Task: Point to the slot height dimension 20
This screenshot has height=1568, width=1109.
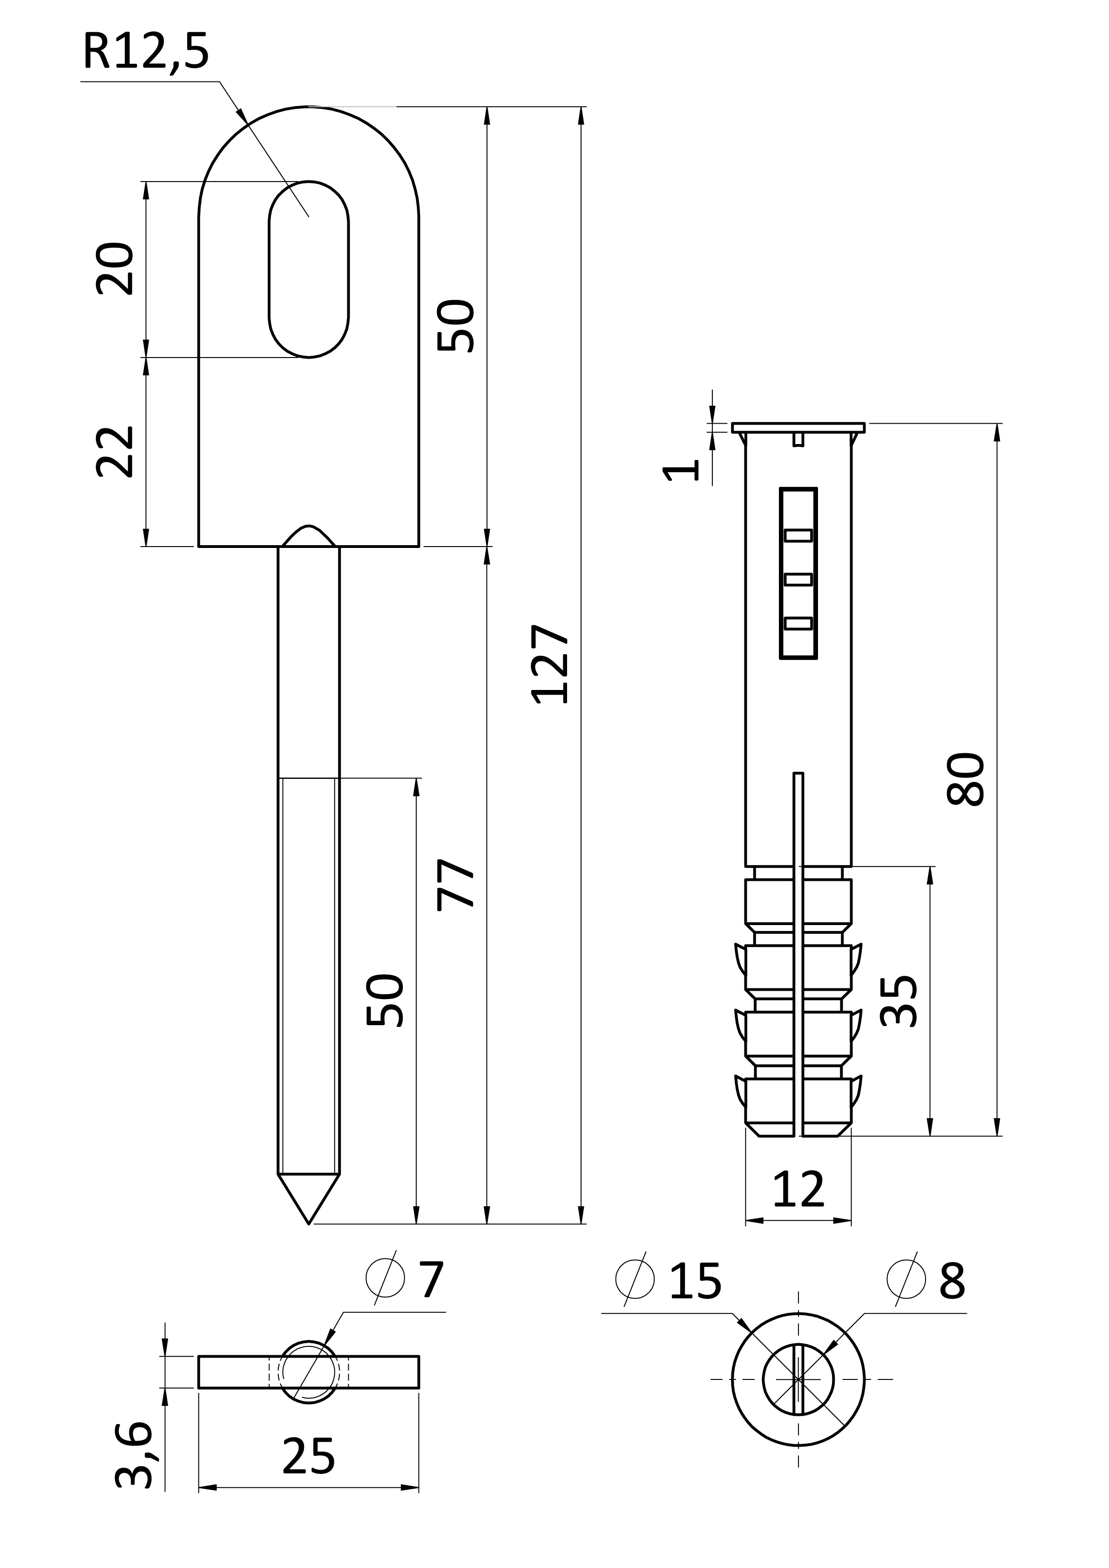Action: [114, 268]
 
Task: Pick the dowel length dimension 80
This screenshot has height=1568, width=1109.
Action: [966, 779]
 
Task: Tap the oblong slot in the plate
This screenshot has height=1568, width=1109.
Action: [309, 269]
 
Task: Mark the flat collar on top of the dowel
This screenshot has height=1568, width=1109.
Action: [798, 427]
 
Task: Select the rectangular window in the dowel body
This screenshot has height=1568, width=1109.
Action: [798, 573]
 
